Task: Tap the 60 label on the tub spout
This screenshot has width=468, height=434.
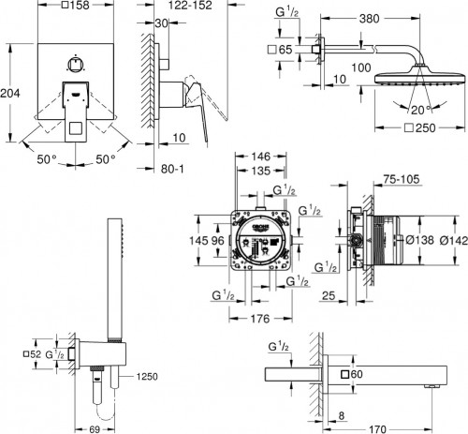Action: [358, 375]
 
